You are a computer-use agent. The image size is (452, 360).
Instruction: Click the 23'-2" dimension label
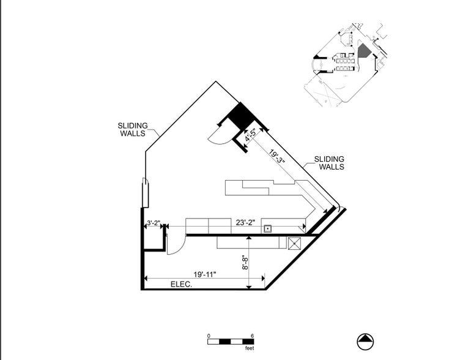(x=246, y=223)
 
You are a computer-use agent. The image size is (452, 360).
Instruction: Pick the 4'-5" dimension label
(x=251, y=134)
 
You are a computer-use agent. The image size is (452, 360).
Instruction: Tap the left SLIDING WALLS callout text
(x=133, y=130)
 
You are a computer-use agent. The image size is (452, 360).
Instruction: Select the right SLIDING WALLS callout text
(x=329, y=163)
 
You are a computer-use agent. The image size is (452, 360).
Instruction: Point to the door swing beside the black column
(x=219, y=135)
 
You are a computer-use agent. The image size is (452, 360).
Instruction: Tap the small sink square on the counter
(x=268, y=229)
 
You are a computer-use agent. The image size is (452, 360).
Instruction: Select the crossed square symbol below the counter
(x=294, y=243)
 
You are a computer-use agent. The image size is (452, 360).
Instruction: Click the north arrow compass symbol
(x=365, y=342)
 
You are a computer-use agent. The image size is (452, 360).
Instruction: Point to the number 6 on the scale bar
(x=253, y=336)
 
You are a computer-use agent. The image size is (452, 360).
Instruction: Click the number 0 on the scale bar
(x=209, y=336)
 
